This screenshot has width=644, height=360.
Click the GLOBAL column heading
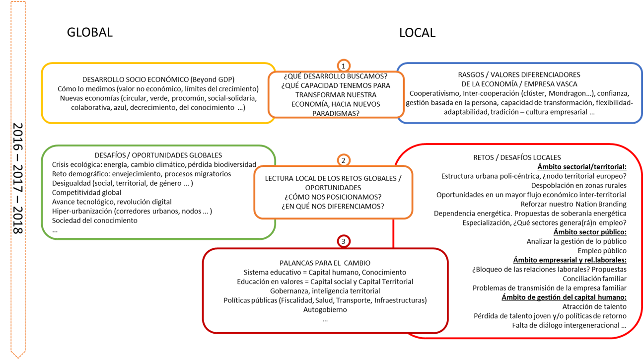click(90, 32)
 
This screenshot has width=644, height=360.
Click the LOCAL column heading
click(417, 33)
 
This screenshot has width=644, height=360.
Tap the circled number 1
click(343, 66)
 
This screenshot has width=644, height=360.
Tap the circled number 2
click(343, 160)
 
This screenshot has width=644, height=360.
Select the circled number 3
click(343, 241)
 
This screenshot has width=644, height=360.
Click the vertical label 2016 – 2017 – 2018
click(18, 178)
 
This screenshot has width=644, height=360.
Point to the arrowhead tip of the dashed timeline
click(18, 358)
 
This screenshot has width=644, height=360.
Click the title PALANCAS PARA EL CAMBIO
click(325, 263)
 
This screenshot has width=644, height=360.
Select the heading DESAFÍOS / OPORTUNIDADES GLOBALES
click(158, 155)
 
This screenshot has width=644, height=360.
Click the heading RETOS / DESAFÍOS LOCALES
click(517, 157)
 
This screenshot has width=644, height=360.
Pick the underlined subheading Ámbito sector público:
click(590, 232)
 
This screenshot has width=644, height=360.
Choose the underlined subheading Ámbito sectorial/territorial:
click(582, 167)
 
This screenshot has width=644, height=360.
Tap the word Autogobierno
click(325, 310)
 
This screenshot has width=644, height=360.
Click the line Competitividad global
click(86, 192)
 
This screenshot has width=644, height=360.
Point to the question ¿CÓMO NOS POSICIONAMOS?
click(333, 197)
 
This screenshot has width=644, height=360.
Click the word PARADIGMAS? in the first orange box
click(336, 114)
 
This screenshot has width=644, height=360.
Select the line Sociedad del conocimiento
click(94, 220)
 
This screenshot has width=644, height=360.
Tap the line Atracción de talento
click(594, 306)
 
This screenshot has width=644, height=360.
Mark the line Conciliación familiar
click(594, 279)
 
